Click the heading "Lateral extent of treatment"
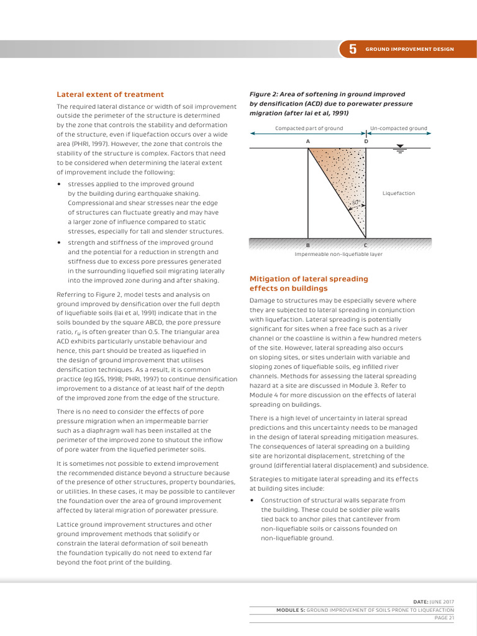coord(110,94)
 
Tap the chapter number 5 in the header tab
coord(353,50)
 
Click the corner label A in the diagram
coord(308,141)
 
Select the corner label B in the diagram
coord(308,245)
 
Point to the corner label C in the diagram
coord(365,245)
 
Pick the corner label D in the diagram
coord(366,141)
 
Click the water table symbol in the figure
coord(401,150)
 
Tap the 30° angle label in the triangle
coord(355,202)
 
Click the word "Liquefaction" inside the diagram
coord(398,193)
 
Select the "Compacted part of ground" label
coord(309,129)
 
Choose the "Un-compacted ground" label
coord(398,129)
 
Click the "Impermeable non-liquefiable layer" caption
coord(338,254)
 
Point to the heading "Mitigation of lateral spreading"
coord(309,279)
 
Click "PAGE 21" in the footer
coord(444,618)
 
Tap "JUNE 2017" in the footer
coord(442,602)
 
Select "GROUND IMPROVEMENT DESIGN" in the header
coord(409,49)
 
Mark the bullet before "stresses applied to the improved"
coord(58,184)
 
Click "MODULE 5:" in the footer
coord(291,610)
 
